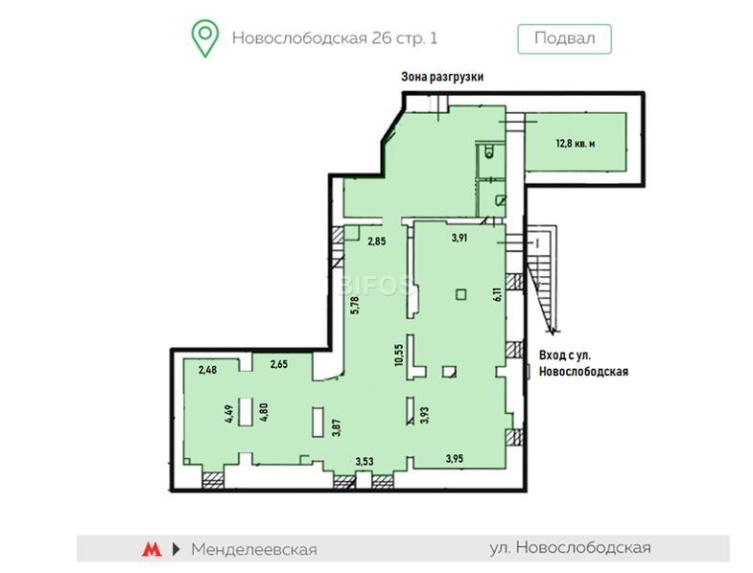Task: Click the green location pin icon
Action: click(x=205, y=38)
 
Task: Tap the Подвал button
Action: click(x=564, y=38)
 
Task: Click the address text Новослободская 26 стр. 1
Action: click(x=335, y=38)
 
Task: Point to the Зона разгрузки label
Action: click(x=442, y=77)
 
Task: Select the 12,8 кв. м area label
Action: click(x=576, y=143)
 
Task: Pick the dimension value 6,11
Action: click(x=498, y=294)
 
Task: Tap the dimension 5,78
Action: click(x=355, y=306)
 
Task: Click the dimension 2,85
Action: click(x=376, y=241)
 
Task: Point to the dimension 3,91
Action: click(x=459, y=238)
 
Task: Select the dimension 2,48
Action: click(x=207, y=370)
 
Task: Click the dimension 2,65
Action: click(x=279, y=364)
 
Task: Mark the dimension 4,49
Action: click(x=229, y=414)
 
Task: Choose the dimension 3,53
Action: click(x=365, y=462)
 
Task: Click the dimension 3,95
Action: click(x=455, y=459)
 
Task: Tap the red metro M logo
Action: click(x=152, y=549)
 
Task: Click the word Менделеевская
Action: click(x=254, y=549)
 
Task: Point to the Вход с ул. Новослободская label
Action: click(x=583, y=363)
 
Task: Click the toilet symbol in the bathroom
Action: click(x=489, y=151)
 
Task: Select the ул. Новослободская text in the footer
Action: click(x=571, y=547)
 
